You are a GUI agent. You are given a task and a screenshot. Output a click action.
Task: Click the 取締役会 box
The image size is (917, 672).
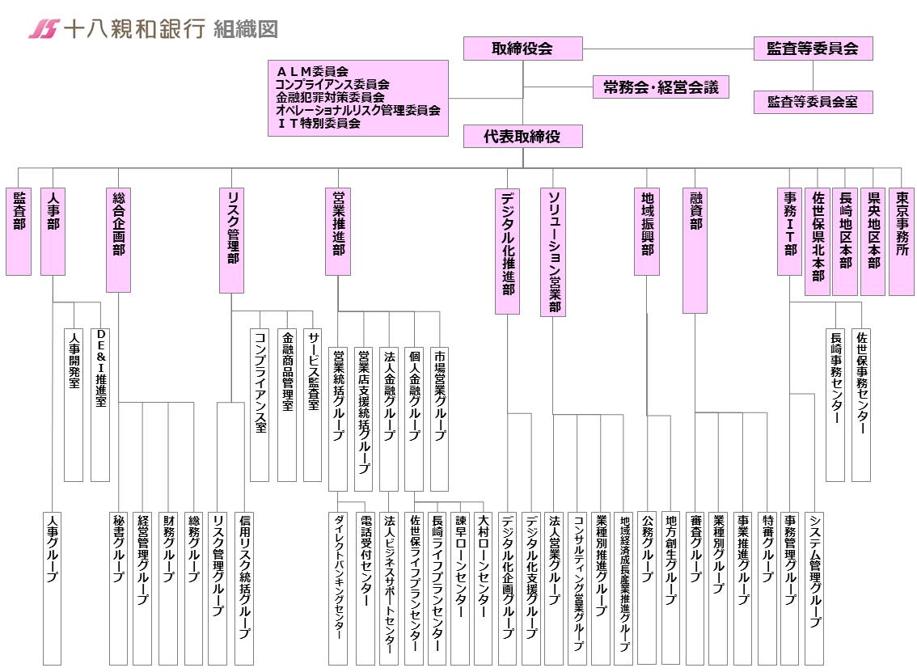click(x=523, y=49)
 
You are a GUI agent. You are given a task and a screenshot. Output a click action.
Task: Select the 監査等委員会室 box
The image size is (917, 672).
click(x=813, y=102)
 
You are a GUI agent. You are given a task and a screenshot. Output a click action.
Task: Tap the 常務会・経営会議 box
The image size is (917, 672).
click(x=661, y=87)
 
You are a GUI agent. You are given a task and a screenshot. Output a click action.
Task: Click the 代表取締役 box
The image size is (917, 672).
click(x=523, y=137)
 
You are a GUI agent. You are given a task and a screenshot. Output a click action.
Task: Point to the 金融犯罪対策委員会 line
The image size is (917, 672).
click(x=331, y=97)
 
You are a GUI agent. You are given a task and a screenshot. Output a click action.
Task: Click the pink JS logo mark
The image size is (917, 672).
click(x=44, y=28)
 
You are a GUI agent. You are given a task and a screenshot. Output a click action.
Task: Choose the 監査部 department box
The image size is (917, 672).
click(x=19, y=231)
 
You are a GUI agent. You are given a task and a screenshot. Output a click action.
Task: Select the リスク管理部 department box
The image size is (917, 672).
click(x=231, y=240)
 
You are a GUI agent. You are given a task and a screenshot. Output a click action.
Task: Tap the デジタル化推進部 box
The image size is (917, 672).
click(x=507, y=251)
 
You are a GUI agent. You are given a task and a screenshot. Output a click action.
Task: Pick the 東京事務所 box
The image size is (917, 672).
click(x=901, y=242)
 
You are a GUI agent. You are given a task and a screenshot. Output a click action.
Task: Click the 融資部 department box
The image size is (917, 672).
click(x=695, y=251)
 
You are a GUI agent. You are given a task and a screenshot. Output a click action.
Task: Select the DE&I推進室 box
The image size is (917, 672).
click(x=100, y=404)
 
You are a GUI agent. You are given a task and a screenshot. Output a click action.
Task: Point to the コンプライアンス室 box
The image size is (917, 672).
click(x=260, y=404)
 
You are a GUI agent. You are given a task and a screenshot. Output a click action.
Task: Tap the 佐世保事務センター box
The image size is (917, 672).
click(x=861, y=404)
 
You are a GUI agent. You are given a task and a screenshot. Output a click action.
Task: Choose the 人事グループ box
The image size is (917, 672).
click(x=52, y=589)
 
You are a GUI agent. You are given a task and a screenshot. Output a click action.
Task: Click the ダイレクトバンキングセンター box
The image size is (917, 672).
click(x=338, y=589)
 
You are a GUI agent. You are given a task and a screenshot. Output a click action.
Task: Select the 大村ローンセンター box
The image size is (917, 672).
click(x=483, y=589)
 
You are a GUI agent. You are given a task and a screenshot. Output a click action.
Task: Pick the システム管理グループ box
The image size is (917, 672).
click(x=814, y=589)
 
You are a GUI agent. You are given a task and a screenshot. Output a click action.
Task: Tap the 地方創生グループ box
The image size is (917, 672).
click(x=670, y=588)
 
